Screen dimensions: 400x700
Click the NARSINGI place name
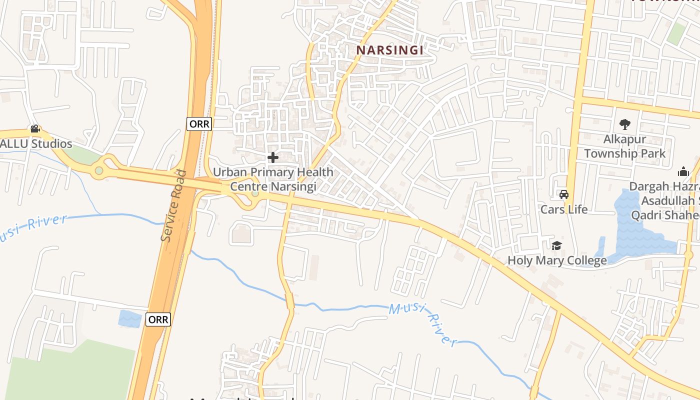390,50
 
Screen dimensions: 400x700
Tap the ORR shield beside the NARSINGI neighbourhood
199,124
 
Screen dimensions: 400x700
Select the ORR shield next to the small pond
158,319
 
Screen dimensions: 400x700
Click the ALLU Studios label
36,144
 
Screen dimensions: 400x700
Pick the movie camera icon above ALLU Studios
35,129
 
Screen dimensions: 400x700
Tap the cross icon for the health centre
273,158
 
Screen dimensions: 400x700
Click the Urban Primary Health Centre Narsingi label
273,179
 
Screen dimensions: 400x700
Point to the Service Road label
174,206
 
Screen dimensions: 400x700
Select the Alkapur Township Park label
624,146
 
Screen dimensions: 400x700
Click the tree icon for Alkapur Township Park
624,124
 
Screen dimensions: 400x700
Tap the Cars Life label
564,209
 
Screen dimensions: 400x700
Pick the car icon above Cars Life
564,194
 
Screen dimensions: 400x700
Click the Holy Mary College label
557,260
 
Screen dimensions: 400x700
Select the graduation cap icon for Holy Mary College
556,245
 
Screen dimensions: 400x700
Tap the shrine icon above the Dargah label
683,172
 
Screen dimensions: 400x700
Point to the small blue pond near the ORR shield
129,318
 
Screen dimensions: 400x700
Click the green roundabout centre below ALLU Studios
99,171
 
